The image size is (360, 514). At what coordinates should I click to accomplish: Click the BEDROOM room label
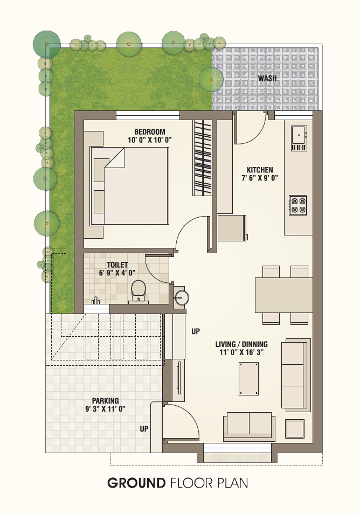tap(150, 132)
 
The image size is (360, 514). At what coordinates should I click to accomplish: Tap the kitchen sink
tap(299, 138)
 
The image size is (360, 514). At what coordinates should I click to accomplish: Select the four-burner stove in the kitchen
tap(298, 205)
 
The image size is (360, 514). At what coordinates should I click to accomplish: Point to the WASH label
tap(267, 78)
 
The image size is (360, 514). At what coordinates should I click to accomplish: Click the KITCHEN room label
tap(260, 170)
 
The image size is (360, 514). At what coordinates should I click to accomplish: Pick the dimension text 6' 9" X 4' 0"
tap(117, 273)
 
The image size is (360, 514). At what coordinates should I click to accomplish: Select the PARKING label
tap(105, 400)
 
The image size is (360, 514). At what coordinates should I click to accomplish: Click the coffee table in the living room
tap(248, 379)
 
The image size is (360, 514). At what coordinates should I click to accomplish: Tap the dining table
tap(284, 295)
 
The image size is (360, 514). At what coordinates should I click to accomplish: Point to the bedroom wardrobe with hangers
tap(202, 158)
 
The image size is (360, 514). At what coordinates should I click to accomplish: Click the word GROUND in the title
tap(136, 483)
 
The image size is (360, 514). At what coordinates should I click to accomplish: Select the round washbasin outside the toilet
tap(181, 297)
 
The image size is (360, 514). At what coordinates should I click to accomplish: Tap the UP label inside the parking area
tap(144, 429)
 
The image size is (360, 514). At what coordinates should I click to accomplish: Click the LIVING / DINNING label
tap(241, 344)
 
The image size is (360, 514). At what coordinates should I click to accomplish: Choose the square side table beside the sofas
tap(295, 429)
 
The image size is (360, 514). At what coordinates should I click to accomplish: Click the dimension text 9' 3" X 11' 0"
tap(105, 409)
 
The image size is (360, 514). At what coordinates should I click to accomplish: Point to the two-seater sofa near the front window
tap(249, 426)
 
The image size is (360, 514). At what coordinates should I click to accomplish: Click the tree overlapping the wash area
tap(211, 79)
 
